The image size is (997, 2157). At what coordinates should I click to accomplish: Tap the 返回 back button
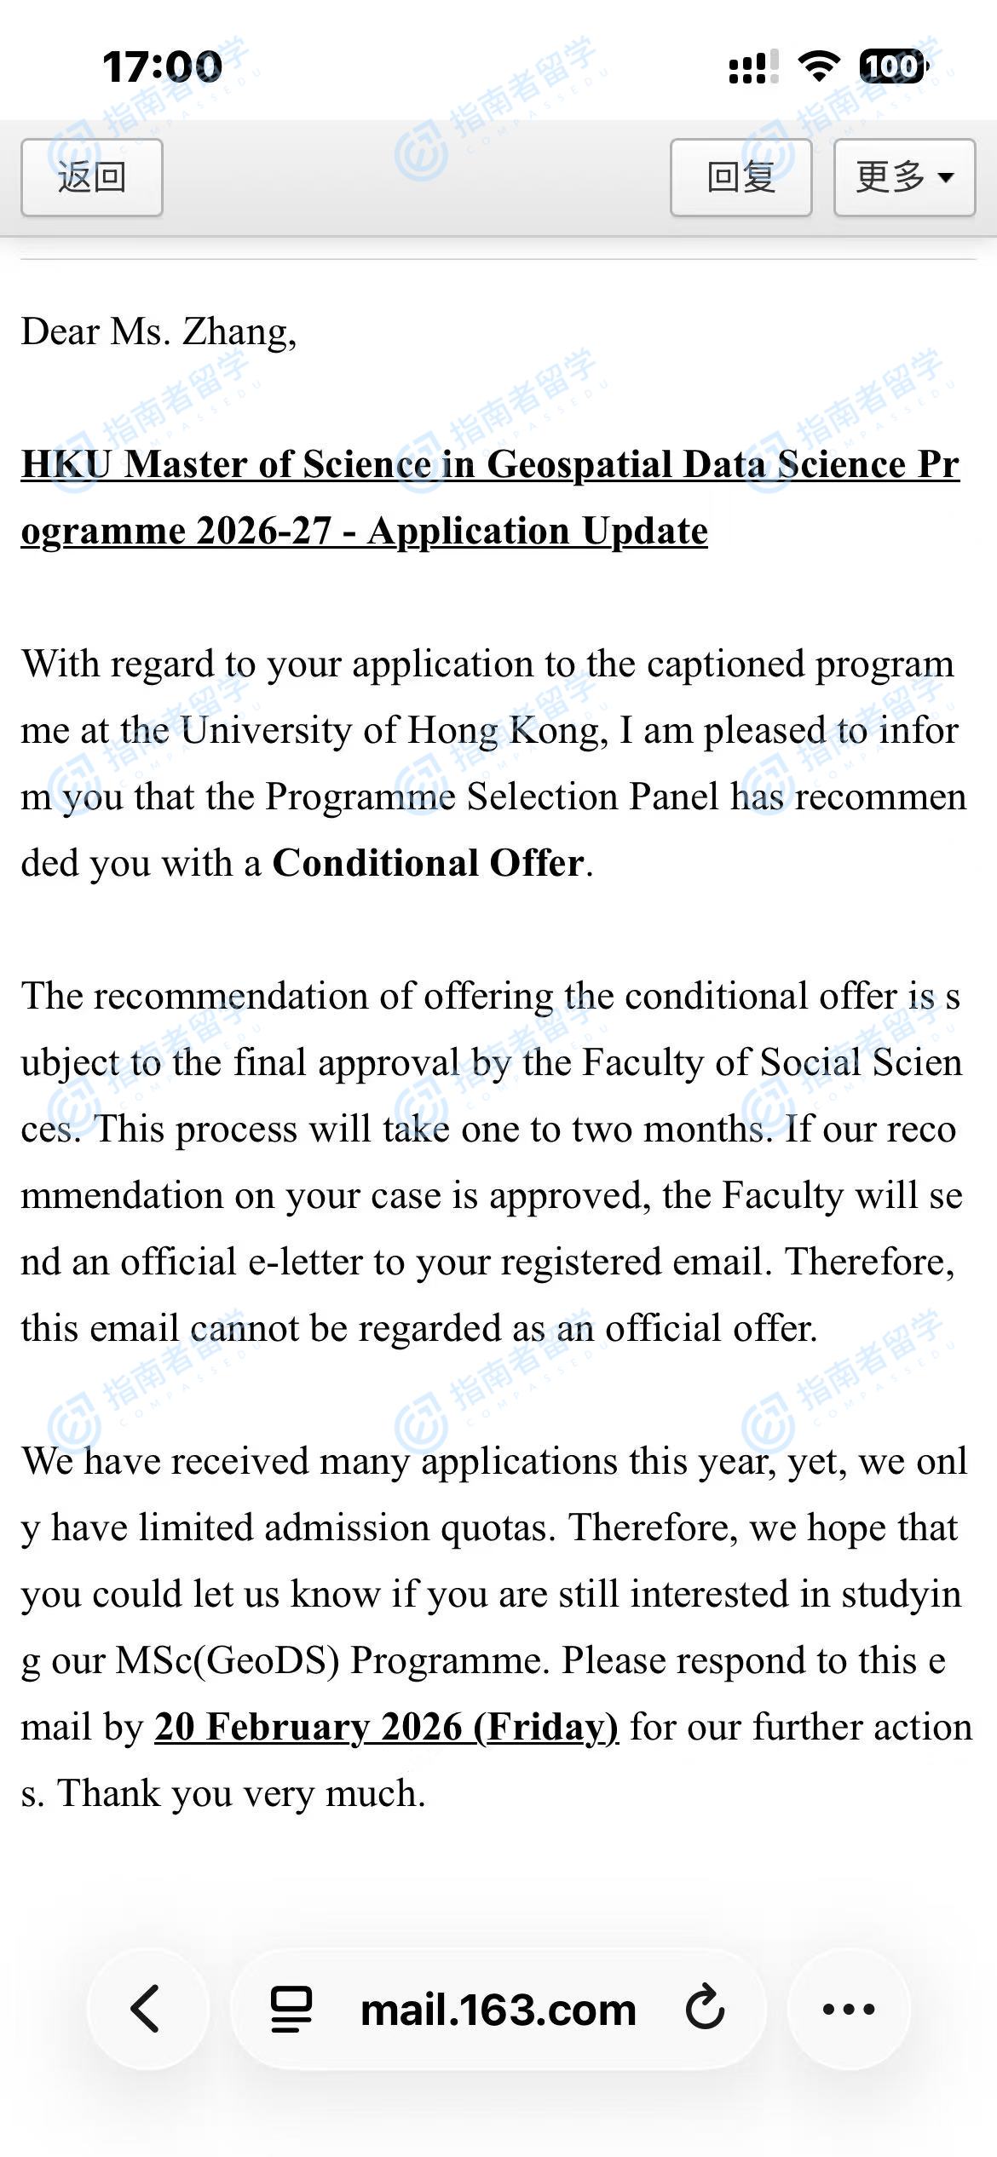coord(91,177)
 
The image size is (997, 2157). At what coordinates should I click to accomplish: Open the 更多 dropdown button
coord(903,177)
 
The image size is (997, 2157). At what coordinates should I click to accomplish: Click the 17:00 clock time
coord(162,66)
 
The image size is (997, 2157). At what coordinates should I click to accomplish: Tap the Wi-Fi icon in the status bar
coord(818,66)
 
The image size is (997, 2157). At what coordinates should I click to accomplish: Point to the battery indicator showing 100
coord(891,66)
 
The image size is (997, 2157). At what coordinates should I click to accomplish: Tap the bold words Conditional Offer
coord(428,864)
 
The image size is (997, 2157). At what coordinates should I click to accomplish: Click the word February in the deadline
coord(287,1728)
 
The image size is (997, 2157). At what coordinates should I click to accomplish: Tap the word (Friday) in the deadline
coord(545,1728)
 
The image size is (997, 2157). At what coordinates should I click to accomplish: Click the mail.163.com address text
coord(498,2010)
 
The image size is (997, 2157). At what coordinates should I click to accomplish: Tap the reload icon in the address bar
coord(705,2009)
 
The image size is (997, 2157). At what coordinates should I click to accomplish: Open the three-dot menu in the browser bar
coord(848,2010)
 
